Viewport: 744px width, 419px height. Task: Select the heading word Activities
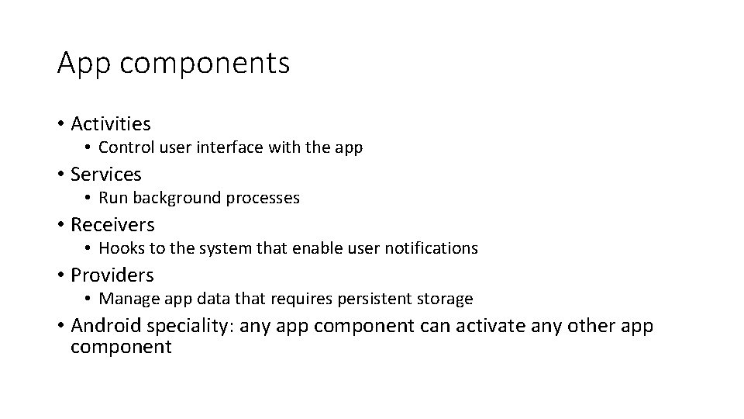pos(110,123)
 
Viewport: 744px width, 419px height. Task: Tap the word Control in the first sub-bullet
pos(125,147)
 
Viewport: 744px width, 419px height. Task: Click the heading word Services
pos(105,174)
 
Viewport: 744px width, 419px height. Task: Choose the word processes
pos(263,198)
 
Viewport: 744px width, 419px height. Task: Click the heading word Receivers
pos(112,225)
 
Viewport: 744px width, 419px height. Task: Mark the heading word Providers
pos(112,275)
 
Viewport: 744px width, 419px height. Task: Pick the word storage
pos(446,299)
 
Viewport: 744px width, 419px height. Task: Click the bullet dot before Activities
pos(60,124)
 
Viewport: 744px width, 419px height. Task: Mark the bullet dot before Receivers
pos(60,225)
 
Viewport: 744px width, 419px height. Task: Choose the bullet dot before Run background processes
pos(89,199)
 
